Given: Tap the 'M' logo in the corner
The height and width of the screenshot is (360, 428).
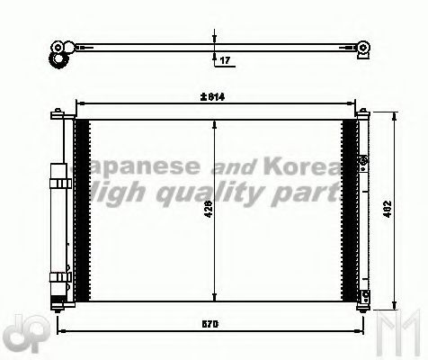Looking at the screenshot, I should coord(400,337).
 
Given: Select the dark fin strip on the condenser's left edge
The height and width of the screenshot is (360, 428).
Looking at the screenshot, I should coord(82,211).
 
